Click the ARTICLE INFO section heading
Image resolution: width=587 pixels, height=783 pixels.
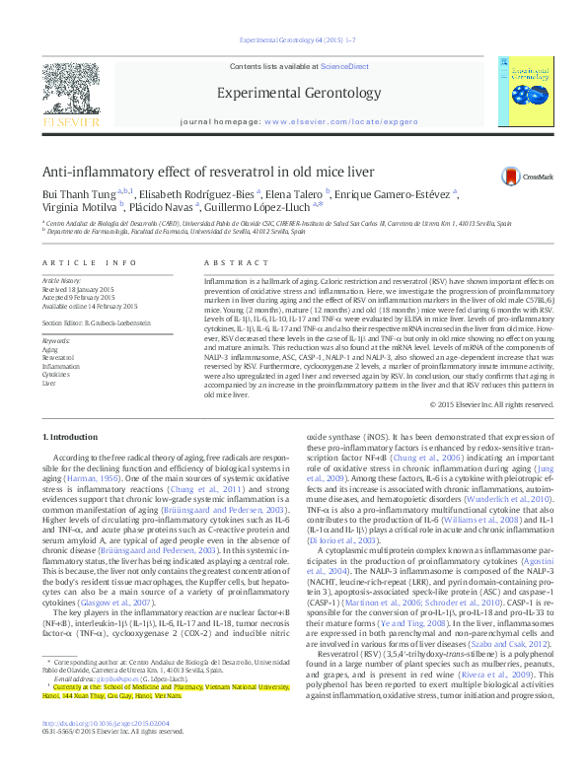click(x=88, y=263)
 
